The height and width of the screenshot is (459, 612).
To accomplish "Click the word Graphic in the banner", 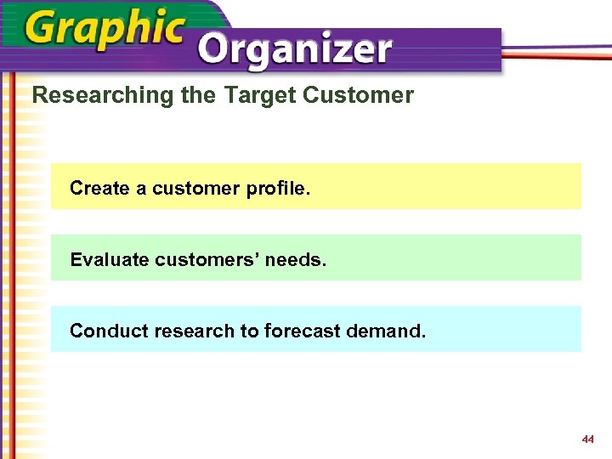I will [x=105, y=31].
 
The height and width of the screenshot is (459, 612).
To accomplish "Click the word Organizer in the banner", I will [x=294, y=50].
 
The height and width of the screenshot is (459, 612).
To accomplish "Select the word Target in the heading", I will [x=254, y=95].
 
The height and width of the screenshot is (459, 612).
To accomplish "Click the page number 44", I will [x=587, y=439].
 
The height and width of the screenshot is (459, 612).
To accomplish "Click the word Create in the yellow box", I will [x=99, y=188].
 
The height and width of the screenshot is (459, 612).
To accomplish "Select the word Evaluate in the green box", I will [x=110, y=259].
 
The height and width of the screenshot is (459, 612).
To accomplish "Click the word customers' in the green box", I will [x=207, y=259].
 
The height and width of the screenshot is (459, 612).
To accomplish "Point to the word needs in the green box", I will [x=295, y=259].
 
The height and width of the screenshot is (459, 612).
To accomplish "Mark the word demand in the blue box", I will [x=386, y=331].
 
